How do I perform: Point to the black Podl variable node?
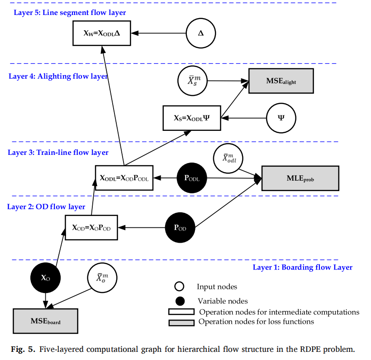point(192,178)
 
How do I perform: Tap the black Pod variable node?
point(180,228)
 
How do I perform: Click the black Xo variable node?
point(45,278)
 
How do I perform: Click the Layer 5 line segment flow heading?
point(70,13)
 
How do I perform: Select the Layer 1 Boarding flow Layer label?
point(303,267)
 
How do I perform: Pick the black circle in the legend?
point(180,301)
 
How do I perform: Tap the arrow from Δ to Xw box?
point(158,33)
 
